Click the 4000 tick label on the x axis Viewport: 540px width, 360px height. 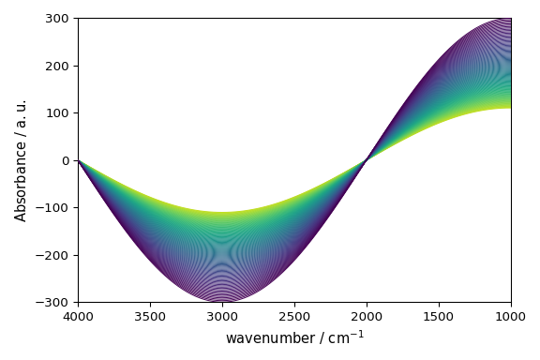click(x=78, y=317)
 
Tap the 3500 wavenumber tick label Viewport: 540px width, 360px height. click(x=150, y=317)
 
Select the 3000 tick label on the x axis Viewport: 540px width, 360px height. click(x=222, y=317)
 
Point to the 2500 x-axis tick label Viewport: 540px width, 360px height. click(x=294, y=317)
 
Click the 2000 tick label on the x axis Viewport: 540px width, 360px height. click(x=367, y=317)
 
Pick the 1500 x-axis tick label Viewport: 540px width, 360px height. click(x=439, y=317)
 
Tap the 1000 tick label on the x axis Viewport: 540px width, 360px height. click(x=511, y=317)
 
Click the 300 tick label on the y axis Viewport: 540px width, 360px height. click(x=60, y=19)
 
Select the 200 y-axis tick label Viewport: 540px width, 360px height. click(x=60, y=66)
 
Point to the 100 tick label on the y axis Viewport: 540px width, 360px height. click(x=60, y=113)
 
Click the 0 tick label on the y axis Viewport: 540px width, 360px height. click(x=67, y=160)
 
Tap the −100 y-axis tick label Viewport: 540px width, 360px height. click(x=56, y=208)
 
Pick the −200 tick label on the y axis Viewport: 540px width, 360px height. click(x=56, y=255)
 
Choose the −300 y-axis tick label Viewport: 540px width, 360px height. click(x=56, y=302)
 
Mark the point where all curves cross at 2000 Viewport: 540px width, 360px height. click(x=367, y=160)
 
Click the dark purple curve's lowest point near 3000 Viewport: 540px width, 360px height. click(x=222, y=302)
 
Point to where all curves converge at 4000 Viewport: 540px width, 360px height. click(x=79, y=160)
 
